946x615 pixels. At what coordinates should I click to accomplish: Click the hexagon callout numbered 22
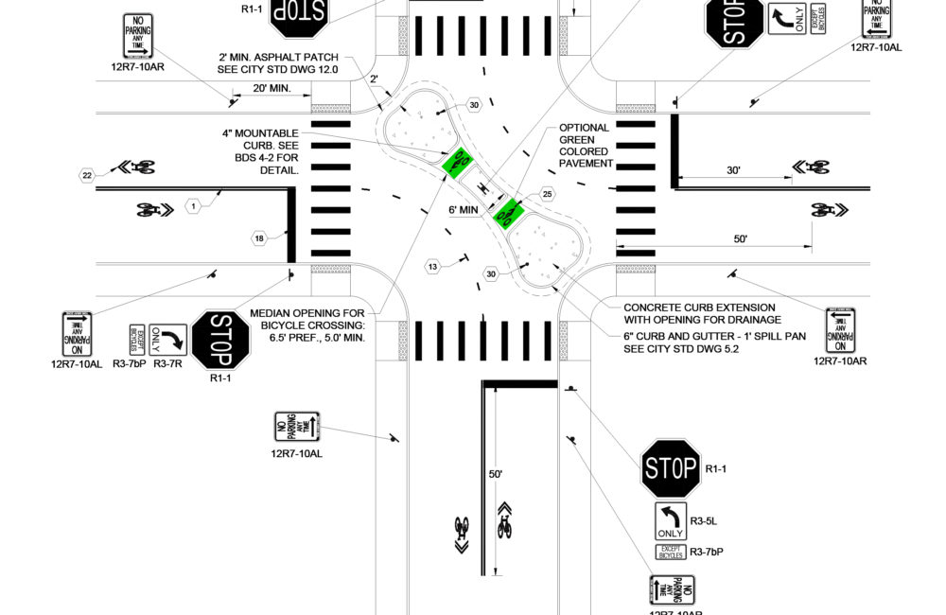pos(87,175)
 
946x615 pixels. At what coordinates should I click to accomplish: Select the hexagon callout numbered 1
pos(193,204)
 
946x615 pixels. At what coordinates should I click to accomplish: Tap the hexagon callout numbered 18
pos(257,237)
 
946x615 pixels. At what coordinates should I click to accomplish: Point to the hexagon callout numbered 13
pos(433,268)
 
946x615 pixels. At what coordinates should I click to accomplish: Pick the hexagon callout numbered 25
pos(547,195)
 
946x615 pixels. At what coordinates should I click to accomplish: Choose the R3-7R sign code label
pos(167,362)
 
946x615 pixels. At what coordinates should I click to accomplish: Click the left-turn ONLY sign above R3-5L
pos(670,521)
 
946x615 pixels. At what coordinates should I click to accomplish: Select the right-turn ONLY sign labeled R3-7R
pos(168,339)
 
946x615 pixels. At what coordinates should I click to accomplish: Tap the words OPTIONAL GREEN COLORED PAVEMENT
pos(586,146)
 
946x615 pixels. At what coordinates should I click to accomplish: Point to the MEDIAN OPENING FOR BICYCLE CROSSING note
pos(307,325)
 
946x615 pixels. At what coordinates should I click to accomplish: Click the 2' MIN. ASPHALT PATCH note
pos(277,63)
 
